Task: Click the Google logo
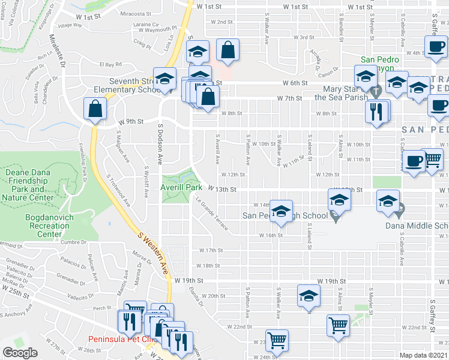pos(20,353)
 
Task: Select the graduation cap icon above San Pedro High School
pos(280,211)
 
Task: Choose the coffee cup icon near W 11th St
pos(414,162)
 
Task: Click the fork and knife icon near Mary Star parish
pos(377,111)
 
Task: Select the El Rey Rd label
pos(110,64)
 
